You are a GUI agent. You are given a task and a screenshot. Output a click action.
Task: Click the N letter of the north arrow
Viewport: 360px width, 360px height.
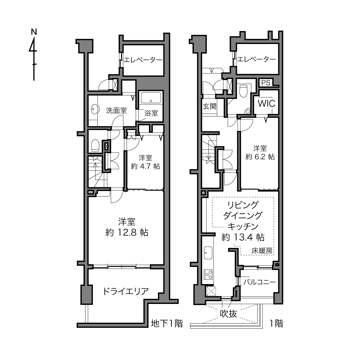coord(34,32)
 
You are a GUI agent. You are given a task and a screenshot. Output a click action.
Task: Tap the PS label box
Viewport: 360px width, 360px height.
coord(266,83)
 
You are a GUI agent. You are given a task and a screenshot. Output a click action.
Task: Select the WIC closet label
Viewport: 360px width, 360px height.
coord(267,103)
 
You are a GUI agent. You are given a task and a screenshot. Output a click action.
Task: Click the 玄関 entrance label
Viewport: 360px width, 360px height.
coord(210,106)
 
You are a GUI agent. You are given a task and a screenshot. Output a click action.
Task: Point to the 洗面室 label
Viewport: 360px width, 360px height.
coord(116,111)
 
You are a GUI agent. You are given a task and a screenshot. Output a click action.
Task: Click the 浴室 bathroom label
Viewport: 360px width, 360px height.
coord(151,113)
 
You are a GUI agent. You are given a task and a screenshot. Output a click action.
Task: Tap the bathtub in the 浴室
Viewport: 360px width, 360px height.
coord(151,97)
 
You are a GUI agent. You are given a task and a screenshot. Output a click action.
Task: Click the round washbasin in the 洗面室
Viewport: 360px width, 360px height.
coord(95,109)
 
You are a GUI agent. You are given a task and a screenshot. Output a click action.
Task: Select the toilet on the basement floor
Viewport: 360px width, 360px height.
coord(95,145)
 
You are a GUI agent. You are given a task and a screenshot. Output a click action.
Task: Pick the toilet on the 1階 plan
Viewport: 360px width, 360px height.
coord(243,91)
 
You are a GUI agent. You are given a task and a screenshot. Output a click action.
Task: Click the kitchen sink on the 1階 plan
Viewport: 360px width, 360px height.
coord(208,252)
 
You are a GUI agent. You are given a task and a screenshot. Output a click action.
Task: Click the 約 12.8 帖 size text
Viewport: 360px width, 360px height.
coord(127,233)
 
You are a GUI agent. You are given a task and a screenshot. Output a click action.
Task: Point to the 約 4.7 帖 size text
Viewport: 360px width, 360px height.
coord(145,166)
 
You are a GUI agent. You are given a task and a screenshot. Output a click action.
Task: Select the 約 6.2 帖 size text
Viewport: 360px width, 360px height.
coord(260,157)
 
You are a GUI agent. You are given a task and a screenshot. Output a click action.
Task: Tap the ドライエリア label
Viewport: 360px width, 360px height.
coord(126,291)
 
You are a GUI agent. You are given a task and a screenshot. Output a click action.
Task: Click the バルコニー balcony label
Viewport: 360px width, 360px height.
coord(259,282)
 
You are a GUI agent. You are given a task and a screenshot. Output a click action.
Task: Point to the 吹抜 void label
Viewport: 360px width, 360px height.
coord(229,313)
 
